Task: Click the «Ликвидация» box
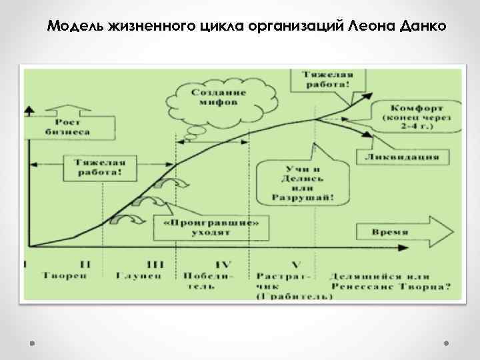click(x=406, y=157)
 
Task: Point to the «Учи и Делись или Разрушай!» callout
click(x=303, y=180)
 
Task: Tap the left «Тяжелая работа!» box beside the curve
click(x=99, y=167)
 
